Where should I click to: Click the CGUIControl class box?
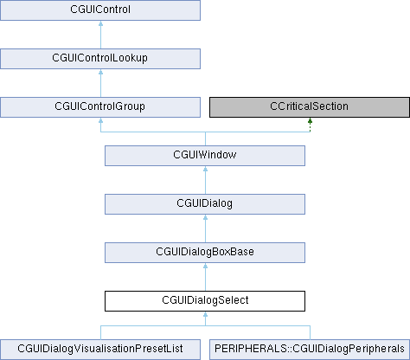coord(100,10)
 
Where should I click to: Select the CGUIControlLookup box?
coord(100,59)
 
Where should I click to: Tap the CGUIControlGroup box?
coord(100,107)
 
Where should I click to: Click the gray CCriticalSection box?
coord(310,107)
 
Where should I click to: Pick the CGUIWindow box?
coord(205,156)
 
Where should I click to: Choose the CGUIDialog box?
coord(205,204)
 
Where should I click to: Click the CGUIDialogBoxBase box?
coord(205,253)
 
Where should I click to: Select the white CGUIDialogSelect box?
coord(205,301)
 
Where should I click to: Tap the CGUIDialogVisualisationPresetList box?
coord(100,350)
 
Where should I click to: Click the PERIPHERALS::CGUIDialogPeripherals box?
coord(310,350)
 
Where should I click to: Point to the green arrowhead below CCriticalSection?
coord(310,120)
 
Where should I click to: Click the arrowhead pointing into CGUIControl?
coord(100,23)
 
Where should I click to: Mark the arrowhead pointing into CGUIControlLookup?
coord(100,72)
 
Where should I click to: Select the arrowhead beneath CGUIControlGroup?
coord(100,120)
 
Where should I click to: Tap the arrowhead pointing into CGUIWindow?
coord(205,169)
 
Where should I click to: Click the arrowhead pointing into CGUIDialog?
coord(205,217)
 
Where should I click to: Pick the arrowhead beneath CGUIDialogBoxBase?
coord(205,266)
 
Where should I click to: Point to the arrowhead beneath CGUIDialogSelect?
coord(205,314)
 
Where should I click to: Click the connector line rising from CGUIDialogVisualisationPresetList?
coord(100,332)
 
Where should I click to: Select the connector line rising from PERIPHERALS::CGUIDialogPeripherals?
coord(310,332)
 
